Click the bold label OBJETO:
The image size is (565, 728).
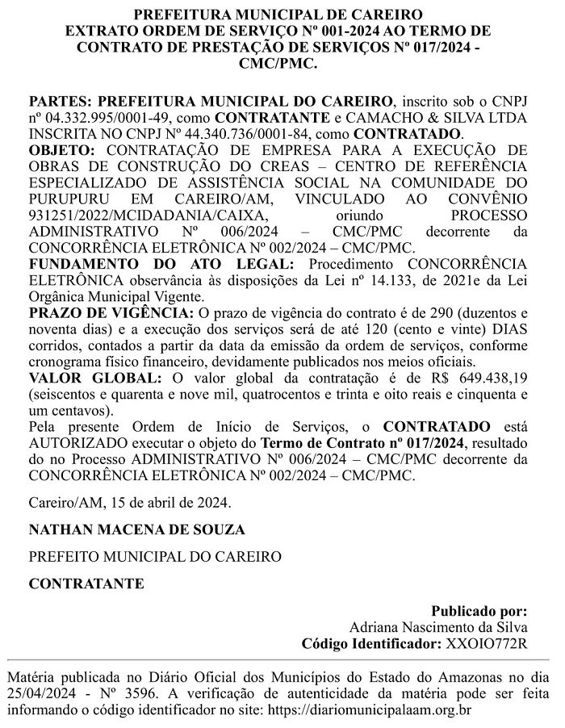click(x=61, y=149)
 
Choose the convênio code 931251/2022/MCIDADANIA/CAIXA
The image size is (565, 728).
click(x=144, y=215)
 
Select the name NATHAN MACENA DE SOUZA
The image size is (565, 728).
click(x=126, y=529)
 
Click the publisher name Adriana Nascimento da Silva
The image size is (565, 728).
click(x=438, y=626)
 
